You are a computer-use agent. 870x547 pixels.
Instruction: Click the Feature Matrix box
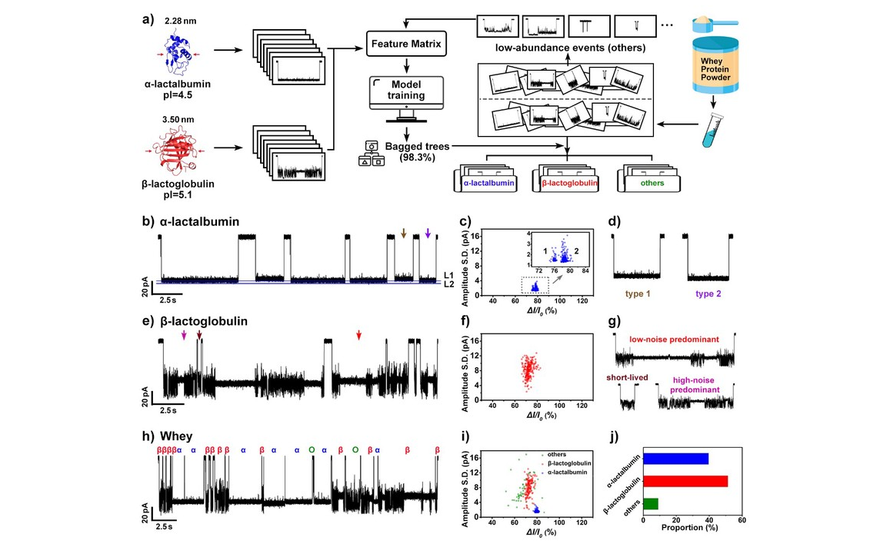tap(405, 45)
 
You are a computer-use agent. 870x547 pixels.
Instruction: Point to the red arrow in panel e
tap(358, 336)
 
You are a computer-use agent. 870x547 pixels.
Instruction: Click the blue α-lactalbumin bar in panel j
tap(675, 459)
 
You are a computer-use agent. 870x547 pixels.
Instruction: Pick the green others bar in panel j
tap(651, 504)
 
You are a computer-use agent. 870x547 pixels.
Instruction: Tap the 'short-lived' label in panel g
tap(636, 376)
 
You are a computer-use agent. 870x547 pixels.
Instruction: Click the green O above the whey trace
tap(312, 449)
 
